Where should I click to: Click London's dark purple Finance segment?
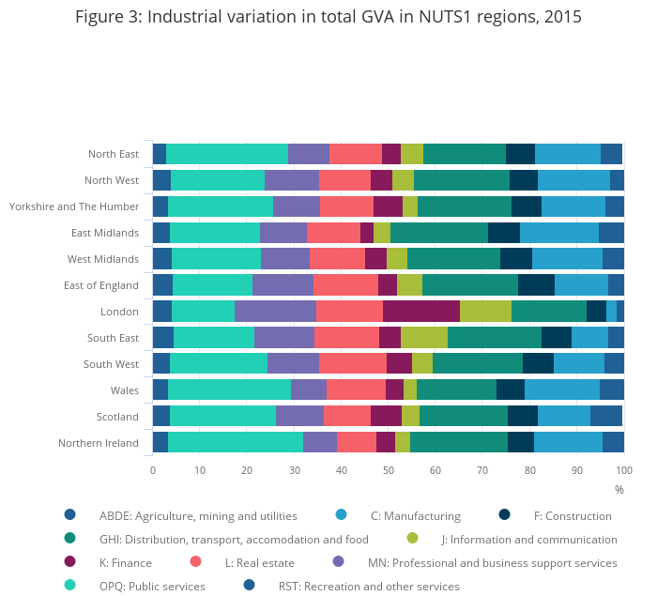421,312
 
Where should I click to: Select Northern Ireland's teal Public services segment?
236,443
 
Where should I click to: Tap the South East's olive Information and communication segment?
424,338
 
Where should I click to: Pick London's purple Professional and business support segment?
275,312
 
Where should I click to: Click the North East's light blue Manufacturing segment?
568,154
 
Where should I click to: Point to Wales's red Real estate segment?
356,390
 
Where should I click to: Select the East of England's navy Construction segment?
536,285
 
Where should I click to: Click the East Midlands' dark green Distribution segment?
439,233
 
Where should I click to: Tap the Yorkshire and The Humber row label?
74,206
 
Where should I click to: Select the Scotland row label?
117,417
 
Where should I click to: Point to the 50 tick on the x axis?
389,470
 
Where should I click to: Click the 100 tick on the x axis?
624,470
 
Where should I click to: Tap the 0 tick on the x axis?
153,470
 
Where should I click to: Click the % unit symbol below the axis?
619,490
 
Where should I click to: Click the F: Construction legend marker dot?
504,514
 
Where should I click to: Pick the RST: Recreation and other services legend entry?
369,586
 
